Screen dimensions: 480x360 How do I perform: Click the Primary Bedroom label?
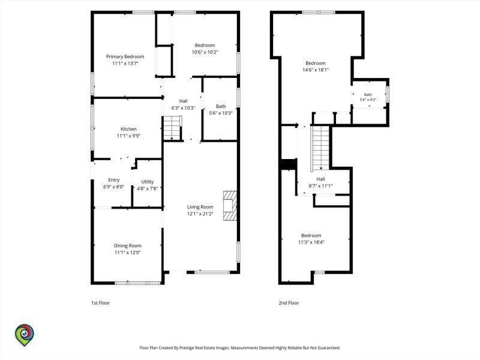125,56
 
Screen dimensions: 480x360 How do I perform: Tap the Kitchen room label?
128,129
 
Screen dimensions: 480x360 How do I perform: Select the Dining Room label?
127,245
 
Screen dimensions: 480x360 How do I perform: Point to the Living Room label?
200,207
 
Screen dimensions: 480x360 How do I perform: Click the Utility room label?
147,182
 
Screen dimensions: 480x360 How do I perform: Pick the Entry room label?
113,180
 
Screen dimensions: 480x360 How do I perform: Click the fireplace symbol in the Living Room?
230,206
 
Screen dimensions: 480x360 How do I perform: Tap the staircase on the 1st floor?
173,128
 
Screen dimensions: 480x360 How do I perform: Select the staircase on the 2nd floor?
320,148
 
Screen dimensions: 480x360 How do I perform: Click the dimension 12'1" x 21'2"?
200,214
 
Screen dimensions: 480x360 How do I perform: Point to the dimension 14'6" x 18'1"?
316,70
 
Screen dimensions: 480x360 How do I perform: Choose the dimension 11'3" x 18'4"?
311,242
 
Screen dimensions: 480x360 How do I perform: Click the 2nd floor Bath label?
368,95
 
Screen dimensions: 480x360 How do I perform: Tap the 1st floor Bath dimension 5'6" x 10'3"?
221,113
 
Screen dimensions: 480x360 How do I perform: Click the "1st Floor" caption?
100,303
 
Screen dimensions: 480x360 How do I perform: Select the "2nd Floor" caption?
289,303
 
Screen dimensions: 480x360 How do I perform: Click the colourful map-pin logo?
25,335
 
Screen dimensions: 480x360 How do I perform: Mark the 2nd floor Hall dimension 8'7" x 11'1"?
320,186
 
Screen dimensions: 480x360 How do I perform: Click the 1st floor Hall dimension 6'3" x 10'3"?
183,108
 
